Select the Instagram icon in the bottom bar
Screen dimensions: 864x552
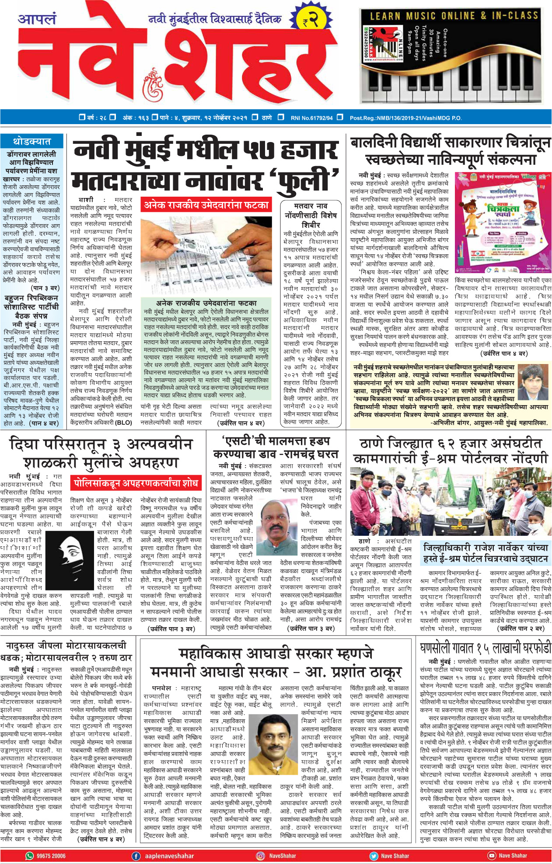[x=260, y=856]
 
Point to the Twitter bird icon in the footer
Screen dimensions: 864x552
[x=373, y=856]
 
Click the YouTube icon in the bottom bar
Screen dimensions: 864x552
[x=491, y=856]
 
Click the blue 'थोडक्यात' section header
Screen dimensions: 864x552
[x=32, y=142]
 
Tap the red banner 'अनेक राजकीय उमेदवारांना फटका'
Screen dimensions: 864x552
[x=206, y=205]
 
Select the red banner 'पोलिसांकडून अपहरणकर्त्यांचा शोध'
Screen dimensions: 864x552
[x=136, y=483]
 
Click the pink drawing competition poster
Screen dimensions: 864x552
[x=502, y=222]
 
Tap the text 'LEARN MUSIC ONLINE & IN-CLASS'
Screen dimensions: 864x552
[x=454, y=16]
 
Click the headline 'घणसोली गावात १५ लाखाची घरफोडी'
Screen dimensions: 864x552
[x=485, y=648]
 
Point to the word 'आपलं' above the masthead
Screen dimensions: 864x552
[x=37, y=19]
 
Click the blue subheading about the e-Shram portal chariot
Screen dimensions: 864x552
[x=486, y=553]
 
